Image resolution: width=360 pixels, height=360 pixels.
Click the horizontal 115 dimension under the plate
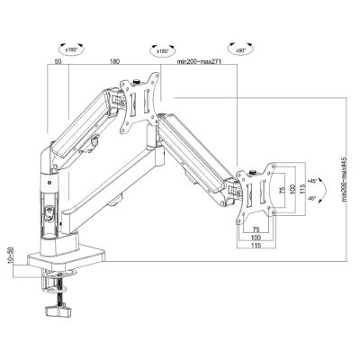(x=256, y=246)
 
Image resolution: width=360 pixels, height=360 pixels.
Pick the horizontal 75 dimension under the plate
(x=256, y=227)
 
